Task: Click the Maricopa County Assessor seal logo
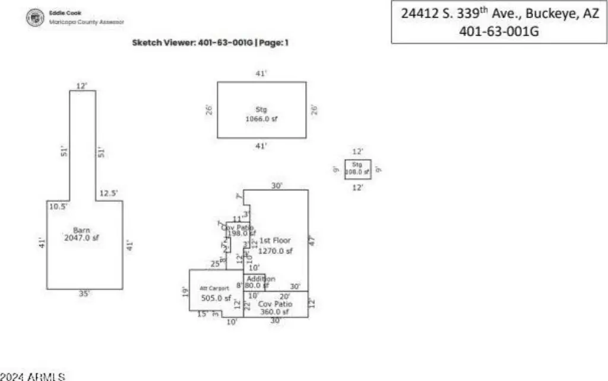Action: tap(36, 18)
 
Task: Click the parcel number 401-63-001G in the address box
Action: tap(499, 32)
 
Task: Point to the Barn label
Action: tap(81, 230)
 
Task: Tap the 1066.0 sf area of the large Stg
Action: tap(261, 119)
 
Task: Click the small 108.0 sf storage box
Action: tap(357, 169)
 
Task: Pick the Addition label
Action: tap(261, 279)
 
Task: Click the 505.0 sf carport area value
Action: tap(216, 298)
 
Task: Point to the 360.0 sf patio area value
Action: tap(274, 312)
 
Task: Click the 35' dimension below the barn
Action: tap(84, 294)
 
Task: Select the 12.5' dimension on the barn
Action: tap(109, 193)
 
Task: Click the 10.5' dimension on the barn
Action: tap(58, 206)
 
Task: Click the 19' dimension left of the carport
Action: tap(185, 290)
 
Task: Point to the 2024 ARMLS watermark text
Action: tap(33, 376)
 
